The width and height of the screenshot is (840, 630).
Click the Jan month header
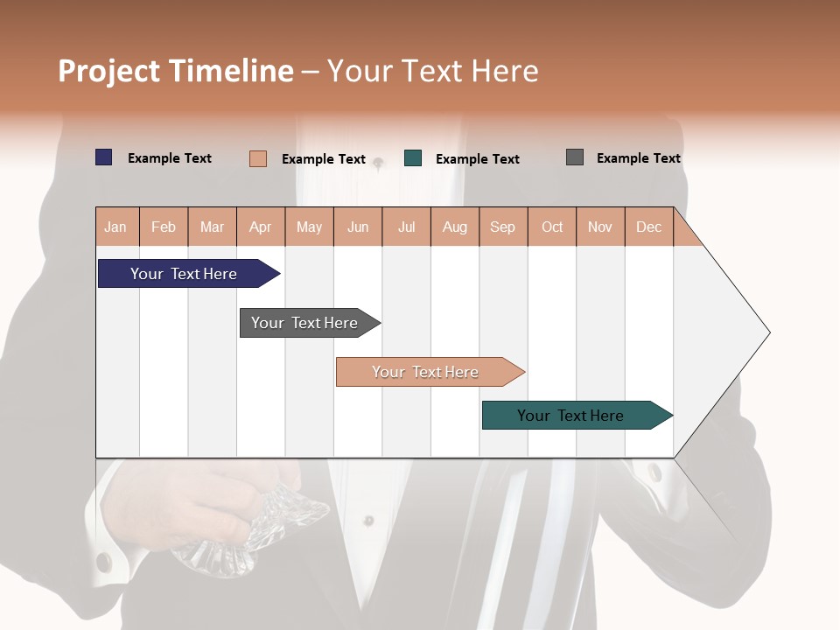click(116, 227)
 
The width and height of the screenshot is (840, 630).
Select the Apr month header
click(261, 227)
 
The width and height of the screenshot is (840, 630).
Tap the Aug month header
click(455, 227)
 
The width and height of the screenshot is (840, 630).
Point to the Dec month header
click(649, 227)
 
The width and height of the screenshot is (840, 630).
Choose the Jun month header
click(358, 227)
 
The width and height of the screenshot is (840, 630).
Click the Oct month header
click(552, 227)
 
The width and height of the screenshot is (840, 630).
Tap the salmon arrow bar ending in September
click(427, 372)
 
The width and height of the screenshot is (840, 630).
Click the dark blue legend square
click(104, 157)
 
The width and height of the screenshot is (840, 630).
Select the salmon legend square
click(258, 158)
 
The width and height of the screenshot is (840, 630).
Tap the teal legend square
click(413, 158)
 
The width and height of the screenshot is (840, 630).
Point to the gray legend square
click(575, 157)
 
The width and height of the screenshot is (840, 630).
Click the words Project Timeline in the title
click(175, 71)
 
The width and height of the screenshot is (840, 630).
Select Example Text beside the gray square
click(638, 158)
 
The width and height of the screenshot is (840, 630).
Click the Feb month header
click(164, 227)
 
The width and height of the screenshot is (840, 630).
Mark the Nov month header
click(600, 227)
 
